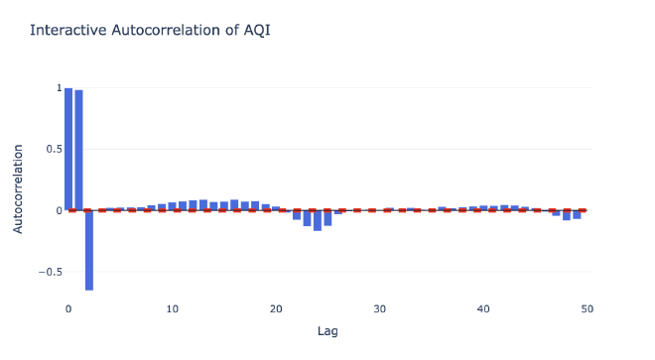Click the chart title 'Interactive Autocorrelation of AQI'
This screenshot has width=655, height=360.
pos(150,31)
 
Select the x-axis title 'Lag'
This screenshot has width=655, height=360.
pos(327,330)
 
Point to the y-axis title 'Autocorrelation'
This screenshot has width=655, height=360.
pos(19,188)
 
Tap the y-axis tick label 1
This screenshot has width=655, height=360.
pos(58,87)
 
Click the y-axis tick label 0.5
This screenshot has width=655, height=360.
pos(53,149)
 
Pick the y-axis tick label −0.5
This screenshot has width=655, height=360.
pos(49,271)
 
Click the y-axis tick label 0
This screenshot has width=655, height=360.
pos(58,210)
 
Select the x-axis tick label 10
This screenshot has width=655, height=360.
pos(172,308)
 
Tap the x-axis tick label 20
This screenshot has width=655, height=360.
pos(276,308)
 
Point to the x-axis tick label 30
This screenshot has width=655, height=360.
pos(380,308)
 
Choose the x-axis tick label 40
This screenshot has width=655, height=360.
pos(483,308)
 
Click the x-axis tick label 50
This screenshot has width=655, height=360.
pos(588,308)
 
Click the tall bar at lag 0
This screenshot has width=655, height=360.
pos(68,149)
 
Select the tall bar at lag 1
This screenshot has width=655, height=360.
pos(78,150)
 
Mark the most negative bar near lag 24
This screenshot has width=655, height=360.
pos(318,220)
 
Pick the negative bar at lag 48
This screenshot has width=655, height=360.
pos(567,215)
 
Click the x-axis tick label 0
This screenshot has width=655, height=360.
pos(68,308)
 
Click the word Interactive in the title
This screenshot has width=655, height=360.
pos(68,31)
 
